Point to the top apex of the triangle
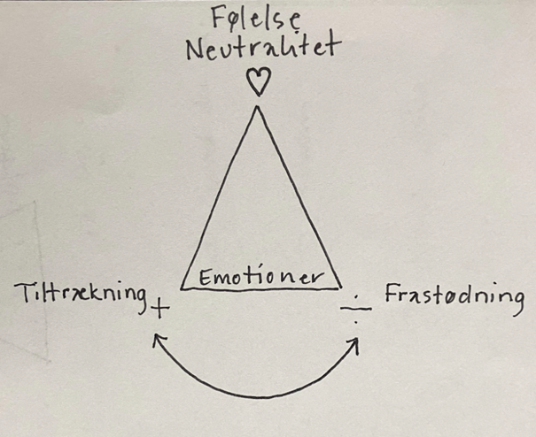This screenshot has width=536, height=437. (x=257, y=107)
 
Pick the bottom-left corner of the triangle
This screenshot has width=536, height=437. (x=182, y=288)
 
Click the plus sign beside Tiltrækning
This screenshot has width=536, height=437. (x=159, y=310)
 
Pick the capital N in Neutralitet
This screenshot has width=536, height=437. (x=195, y=50)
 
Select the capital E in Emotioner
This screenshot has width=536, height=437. (x=204, y=278)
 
